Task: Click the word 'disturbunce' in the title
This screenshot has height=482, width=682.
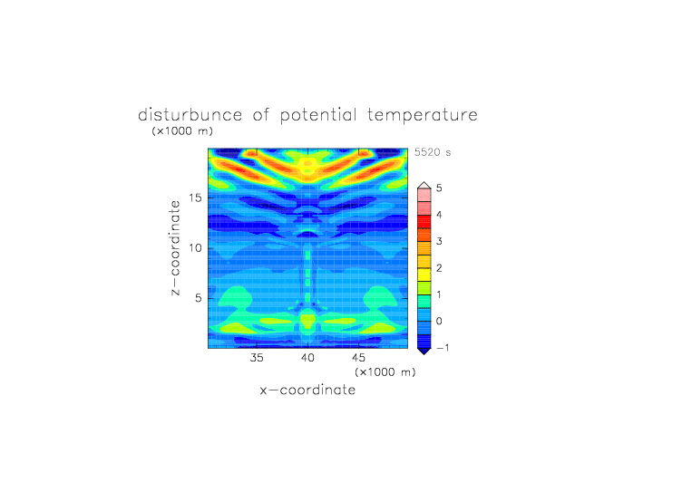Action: click(190, 115)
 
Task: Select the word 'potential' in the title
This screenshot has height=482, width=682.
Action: click(318, 116)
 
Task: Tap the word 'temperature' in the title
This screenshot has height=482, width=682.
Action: click(423, 116)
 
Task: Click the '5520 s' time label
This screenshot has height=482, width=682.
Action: click(433, 152)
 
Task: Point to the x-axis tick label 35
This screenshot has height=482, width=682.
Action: click(257, 358)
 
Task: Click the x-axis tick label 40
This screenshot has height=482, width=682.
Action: click(307, 358)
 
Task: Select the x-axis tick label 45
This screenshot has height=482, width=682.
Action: click(358, 358)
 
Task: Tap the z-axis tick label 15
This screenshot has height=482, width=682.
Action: click(195, 198)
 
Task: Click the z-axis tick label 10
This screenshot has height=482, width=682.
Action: click(195, 248)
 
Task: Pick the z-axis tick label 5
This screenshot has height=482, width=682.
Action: click(199, 298)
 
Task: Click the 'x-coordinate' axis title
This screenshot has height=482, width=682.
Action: click(307, 390)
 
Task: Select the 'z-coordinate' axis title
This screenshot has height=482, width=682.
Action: click(175, 248)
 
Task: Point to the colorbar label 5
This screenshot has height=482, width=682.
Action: click(439, 188)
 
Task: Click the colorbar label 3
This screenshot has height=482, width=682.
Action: click(439, 241)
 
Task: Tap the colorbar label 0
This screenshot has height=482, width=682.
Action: click(439, 322)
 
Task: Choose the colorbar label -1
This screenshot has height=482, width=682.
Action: click(443, 348)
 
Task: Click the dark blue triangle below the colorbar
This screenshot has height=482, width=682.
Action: click(424, 351)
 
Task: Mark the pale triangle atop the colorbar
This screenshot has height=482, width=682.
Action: click(424, 186)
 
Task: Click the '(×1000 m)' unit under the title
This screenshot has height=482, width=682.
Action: click(182, 130)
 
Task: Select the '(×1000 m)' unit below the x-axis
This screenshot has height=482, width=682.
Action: click(385, 372)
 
